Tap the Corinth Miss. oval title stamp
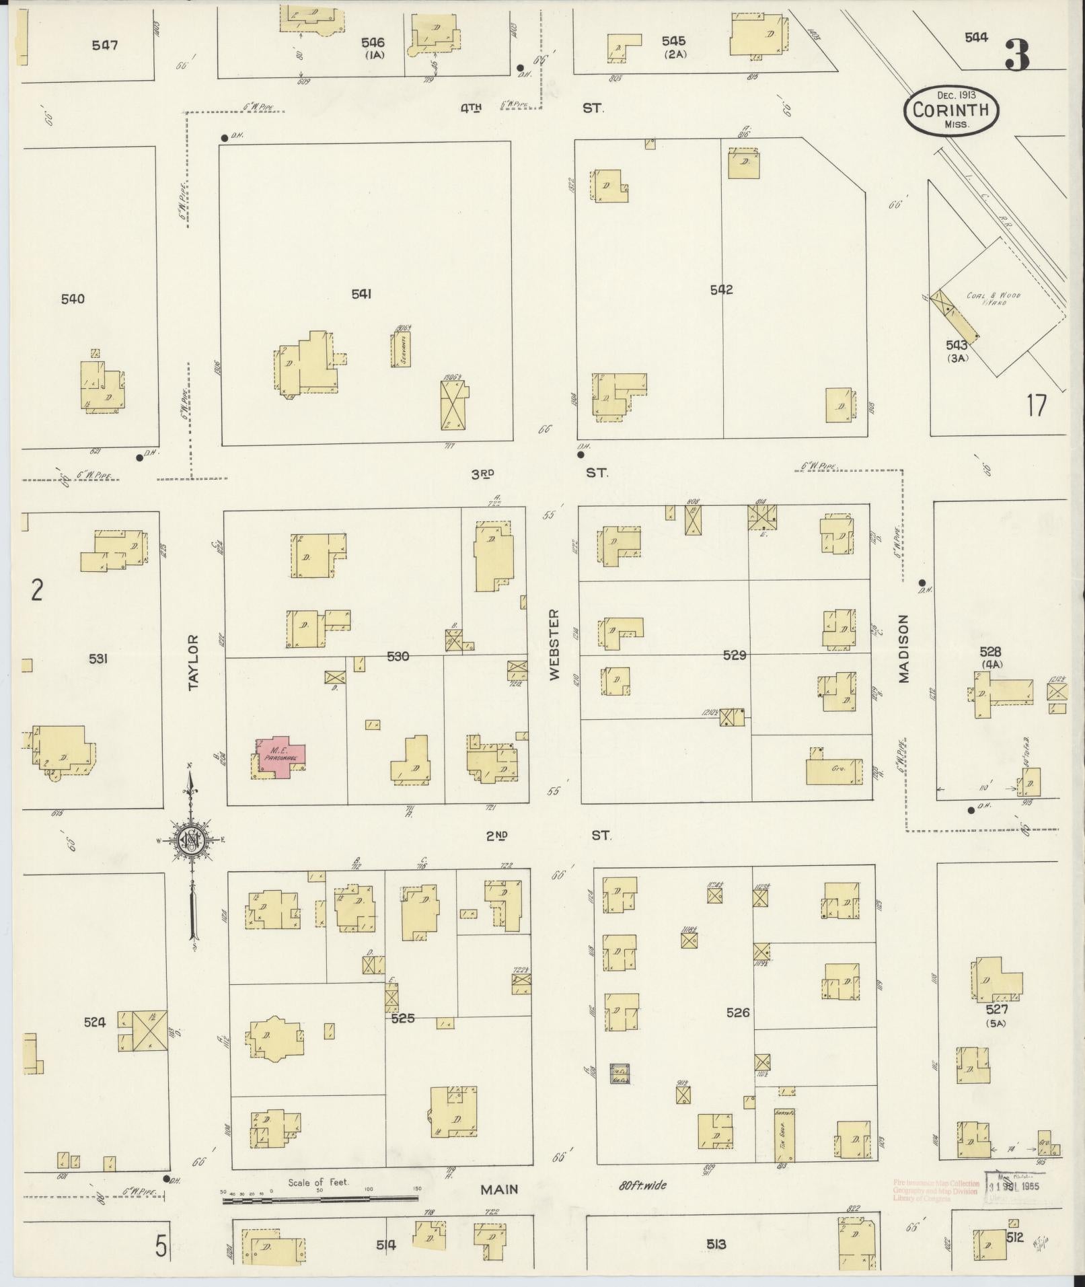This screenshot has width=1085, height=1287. click(x=950, y=110)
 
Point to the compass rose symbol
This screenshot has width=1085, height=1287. click(x=191, y=839)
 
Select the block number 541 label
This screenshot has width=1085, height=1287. click(x=361, y=293)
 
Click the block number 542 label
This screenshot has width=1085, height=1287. click(x=721, y=290)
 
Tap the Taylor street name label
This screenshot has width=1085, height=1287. click(x=194, y=662)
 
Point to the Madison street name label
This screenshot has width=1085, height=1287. click(x=903, y=649)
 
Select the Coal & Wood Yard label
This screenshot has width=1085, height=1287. click(x=994, y=299)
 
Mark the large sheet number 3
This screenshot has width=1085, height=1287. click(x=1016, y=56)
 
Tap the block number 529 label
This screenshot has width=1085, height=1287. click(x=735, y=655)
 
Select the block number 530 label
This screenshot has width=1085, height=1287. click(x=398, y=656)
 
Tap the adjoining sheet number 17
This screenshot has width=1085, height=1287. click(x=1037, y=406)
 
